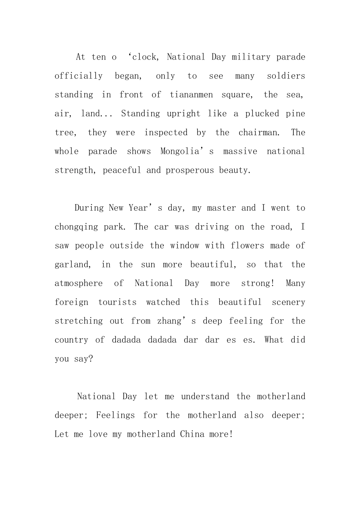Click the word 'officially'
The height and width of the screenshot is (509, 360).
coord(78,76)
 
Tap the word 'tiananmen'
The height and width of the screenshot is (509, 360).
coord(191,95)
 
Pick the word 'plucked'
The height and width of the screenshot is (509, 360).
coord(262,114)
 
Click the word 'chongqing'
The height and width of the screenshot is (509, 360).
coord(76,227)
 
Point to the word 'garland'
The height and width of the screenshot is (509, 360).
coord(71,265)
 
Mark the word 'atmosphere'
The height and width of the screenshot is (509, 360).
coord(78,284)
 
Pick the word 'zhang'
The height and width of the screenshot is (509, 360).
coord(169,321)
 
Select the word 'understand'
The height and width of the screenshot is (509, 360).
coord(205,397)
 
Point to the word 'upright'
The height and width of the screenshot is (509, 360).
coord(183,114)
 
